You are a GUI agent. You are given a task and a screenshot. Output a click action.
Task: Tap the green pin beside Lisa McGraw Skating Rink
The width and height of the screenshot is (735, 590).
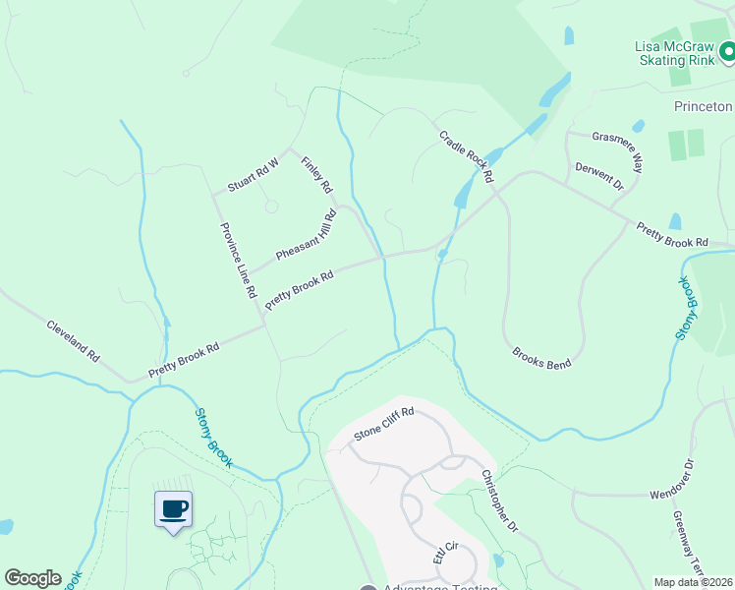[x=727, y=50]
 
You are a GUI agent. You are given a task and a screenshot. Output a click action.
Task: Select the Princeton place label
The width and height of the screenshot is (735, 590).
[x=704, y=106]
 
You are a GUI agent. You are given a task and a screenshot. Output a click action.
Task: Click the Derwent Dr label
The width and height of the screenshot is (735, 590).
[x=598, y=175]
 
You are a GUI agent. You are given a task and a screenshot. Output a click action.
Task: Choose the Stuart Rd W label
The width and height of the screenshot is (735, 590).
[x=254, y=175]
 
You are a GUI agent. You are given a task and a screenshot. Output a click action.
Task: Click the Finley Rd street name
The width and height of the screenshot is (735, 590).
[x=317, y=175]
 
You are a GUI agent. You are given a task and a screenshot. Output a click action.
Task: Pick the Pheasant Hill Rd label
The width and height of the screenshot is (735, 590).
[x=307, y=235]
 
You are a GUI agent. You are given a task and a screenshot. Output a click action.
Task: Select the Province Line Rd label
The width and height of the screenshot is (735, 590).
[x=238, y=260]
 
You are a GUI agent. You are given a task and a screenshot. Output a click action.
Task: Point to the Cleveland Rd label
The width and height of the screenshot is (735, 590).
[x=74, y=339]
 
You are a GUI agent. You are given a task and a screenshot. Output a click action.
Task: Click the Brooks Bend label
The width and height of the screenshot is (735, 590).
[x=541, y=357]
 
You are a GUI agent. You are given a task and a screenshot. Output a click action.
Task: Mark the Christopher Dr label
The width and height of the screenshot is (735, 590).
[x=499, y=501]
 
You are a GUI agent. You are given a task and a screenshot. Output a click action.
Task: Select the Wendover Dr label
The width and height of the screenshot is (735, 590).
[x=672, y=479]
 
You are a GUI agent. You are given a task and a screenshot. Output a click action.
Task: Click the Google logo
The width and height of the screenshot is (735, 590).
[x=32, y=578]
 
